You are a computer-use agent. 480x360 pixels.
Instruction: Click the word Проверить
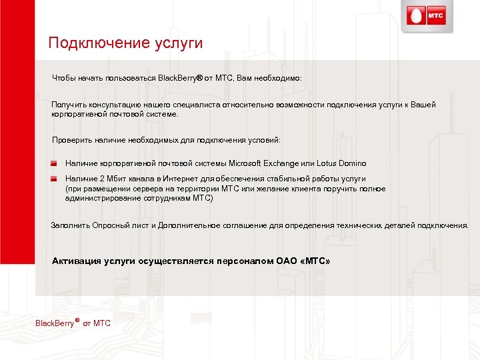[71, 141]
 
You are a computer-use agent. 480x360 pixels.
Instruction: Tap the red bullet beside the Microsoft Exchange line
[53, 163]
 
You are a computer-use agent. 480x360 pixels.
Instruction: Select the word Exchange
[282, 163]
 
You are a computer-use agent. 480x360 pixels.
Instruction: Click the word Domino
[351, 163]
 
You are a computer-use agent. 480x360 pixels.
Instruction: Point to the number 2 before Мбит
[100, 179]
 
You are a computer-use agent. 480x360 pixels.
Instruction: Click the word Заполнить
[69, 225]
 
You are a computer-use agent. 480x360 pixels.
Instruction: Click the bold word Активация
[76, 261]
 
